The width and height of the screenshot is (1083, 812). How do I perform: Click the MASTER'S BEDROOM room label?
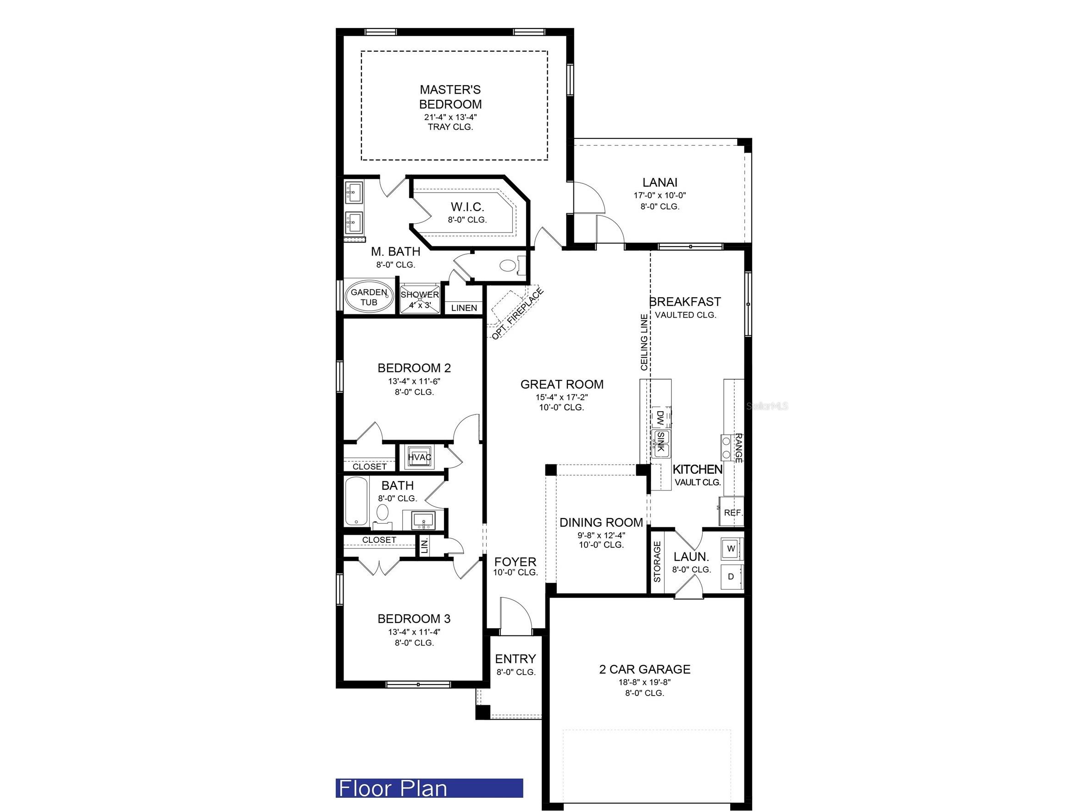[x=450, y=97]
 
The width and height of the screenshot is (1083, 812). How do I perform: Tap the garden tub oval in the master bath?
[x=369, y=297]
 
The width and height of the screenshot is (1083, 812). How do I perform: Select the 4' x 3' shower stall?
[x=420, y=299]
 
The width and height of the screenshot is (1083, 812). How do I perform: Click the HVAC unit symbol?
[x=419, y=457]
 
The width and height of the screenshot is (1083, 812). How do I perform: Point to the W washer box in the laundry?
[x=731, y=549]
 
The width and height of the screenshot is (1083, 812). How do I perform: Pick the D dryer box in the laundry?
[x=731, y=577]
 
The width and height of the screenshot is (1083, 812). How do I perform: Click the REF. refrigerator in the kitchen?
[x=733, y=513]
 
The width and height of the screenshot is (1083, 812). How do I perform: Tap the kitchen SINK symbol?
[x=660, y=442]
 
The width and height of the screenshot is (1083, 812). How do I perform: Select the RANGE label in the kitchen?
[x=739, y=447]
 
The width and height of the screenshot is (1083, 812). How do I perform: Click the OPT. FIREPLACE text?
[x=517, y=314]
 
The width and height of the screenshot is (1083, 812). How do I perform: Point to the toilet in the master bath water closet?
[x=508, y=266]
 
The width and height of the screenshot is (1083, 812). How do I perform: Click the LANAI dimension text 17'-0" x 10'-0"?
[x=660, y=195]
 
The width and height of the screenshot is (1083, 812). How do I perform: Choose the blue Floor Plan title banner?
[x=429, y=788]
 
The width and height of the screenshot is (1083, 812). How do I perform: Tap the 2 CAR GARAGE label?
[x=644, y=669]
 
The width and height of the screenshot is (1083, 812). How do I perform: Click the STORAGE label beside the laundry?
[x=657, y=561]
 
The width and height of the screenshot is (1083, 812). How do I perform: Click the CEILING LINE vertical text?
[x=644, y=342]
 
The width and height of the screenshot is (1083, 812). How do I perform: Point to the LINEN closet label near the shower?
[x=464, y=308]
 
